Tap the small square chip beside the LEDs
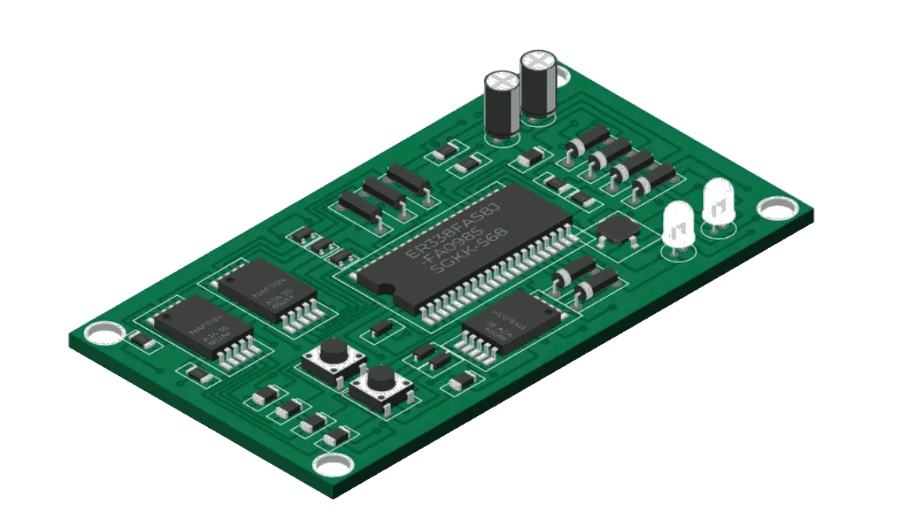(617, 228)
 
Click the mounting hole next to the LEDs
(778, 208)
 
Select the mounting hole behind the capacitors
(559, 74)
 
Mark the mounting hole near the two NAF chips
(104, 334)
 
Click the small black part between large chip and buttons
(382, 327)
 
